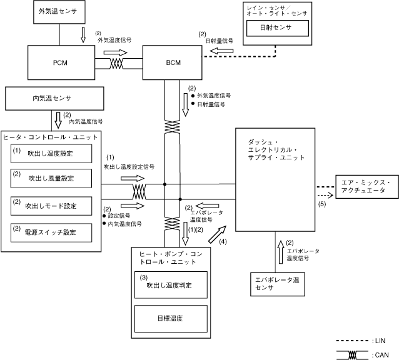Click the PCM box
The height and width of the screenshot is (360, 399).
click(60, 63)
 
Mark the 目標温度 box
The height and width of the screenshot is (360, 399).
click(171, 317)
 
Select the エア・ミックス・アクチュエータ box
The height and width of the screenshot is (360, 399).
click(366, 187)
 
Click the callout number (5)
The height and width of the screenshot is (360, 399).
click(322, 204)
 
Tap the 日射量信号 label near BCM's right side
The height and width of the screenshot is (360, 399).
click(219, 41)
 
